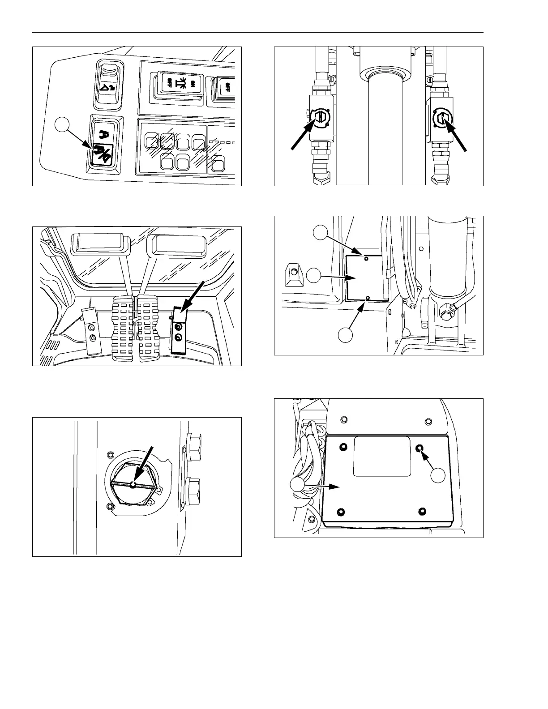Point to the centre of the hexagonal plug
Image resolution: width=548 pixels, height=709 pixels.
click(133, 484)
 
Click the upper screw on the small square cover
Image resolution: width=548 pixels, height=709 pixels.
click(366, 258)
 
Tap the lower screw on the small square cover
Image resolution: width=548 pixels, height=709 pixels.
click(368, 297)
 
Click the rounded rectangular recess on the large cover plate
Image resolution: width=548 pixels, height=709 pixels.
click(381, 457)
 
